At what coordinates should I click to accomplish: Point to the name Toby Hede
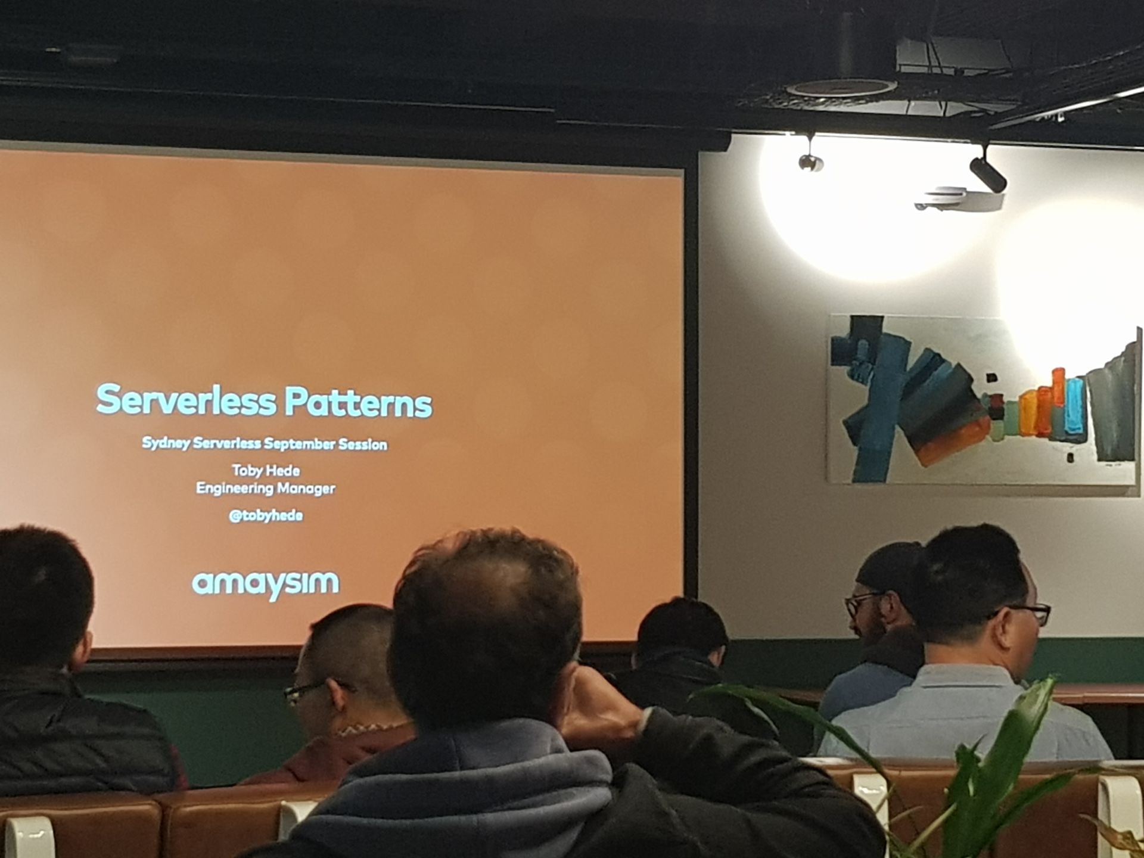[266, 471]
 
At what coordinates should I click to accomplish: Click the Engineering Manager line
[266, 489]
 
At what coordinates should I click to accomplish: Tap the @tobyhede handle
[266, 515]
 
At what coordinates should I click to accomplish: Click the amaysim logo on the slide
[265, 584]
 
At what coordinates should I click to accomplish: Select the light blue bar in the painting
[1074, 405]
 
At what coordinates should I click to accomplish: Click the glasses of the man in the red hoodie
[310, 690]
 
